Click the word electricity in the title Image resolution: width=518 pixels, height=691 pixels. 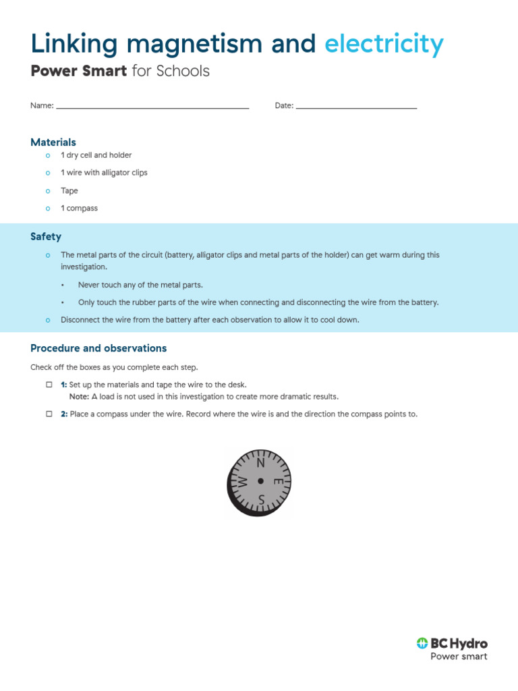384,45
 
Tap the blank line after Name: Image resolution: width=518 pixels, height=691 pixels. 152,107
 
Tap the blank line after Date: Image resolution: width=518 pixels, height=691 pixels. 356,107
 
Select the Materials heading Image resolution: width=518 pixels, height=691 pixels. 53,142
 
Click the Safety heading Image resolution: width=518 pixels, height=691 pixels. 46,237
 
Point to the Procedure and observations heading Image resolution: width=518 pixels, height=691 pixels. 98,348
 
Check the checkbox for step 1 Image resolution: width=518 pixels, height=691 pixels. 49,384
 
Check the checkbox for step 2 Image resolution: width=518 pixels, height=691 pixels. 49,414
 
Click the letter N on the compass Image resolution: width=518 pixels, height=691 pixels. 261,463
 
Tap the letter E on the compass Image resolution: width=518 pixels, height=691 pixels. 277,482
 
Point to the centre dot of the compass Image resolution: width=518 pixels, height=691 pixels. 260,481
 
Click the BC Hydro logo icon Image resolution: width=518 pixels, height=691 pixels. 422,643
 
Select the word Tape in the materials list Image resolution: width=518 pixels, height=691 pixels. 69,191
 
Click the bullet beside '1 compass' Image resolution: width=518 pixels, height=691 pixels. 47,209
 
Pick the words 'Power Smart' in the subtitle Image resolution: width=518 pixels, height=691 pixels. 79,71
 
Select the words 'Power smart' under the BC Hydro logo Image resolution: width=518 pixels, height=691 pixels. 459,657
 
